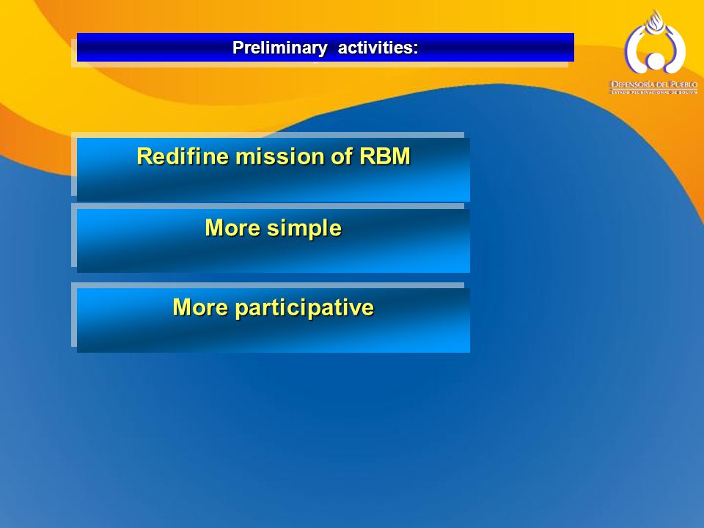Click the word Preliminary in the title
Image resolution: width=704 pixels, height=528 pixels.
tap(279, 48)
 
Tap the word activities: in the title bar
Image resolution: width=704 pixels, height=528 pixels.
tap(378, 47)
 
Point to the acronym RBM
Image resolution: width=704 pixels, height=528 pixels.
tap(385, 156)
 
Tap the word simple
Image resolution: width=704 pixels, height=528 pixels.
tap(304, 228)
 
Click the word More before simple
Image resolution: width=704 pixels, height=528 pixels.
tap(232, 227)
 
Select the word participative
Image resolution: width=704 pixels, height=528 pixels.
tap(304, 308)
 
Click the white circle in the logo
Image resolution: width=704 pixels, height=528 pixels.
tap(655, 61)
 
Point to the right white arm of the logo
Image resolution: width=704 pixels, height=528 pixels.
tap(675, 48)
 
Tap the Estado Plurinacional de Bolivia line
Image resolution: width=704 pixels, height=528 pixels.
tap(655, 92)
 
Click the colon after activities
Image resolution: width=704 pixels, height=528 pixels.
tap(417, 48)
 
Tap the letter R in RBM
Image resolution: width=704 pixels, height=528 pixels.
tap(367, 156)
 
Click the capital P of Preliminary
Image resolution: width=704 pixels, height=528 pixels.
tap(238, 47)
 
